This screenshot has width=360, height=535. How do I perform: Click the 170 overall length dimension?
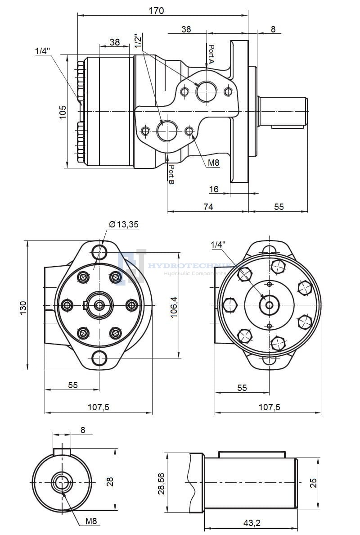[x=156, y=10]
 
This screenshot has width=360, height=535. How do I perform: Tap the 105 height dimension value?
[x=63, y=112]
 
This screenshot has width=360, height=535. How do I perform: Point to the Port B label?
[x=171, y=175]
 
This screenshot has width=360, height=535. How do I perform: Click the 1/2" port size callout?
[x=138, y=42]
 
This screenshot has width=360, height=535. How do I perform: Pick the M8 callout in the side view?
[x=213, y=163]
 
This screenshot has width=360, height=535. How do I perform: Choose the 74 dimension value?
[x=207, y=206]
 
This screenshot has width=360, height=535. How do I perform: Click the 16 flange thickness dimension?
[x=214, y=189]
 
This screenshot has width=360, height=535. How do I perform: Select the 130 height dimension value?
[x=24, y=307]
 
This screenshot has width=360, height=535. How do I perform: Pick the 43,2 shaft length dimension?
[x=252, y=522]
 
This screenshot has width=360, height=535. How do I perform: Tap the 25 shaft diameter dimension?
[x=314, y=483]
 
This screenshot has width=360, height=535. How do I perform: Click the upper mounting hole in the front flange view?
[x=99, y=250]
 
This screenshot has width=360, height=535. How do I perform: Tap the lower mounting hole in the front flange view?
[x=99, y=358]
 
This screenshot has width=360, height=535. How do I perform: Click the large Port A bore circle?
[x=207, y=92]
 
